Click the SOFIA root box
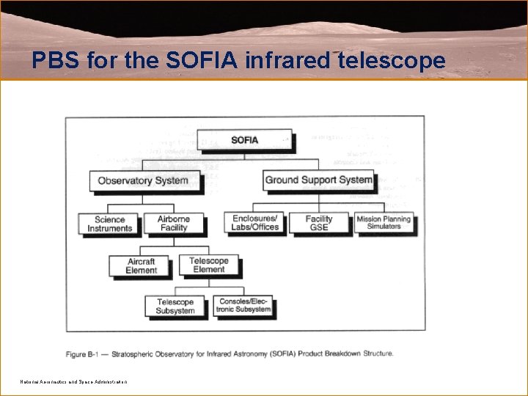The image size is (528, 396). click(x=245, y=140)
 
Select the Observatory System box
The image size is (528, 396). click(x=143, y=180)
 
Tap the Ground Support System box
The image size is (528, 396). click(x=319, y=180)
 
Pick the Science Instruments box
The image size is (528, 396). click(x=110, y=224)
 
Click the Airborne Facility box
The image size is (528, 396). click(x=174, y=223)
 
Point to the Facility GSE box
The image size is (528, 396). click(x=319, y=223)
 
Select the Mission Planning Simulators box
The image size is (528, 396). click(x=384, y=222)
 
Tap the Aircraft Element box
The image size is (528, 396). click(x=142, y=265)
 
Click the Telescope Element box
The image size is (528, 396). click(x=209, y=265)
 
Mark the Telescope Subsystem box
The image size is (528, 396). click(x=175, y=307)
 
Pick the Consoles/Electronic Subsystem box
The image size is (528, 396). click(x=243, y=305)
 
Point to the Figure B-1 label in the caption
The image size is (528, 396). click(x=84, y=353)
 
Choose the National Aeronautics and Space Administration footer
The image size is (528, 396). click(x=73, y=382)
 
